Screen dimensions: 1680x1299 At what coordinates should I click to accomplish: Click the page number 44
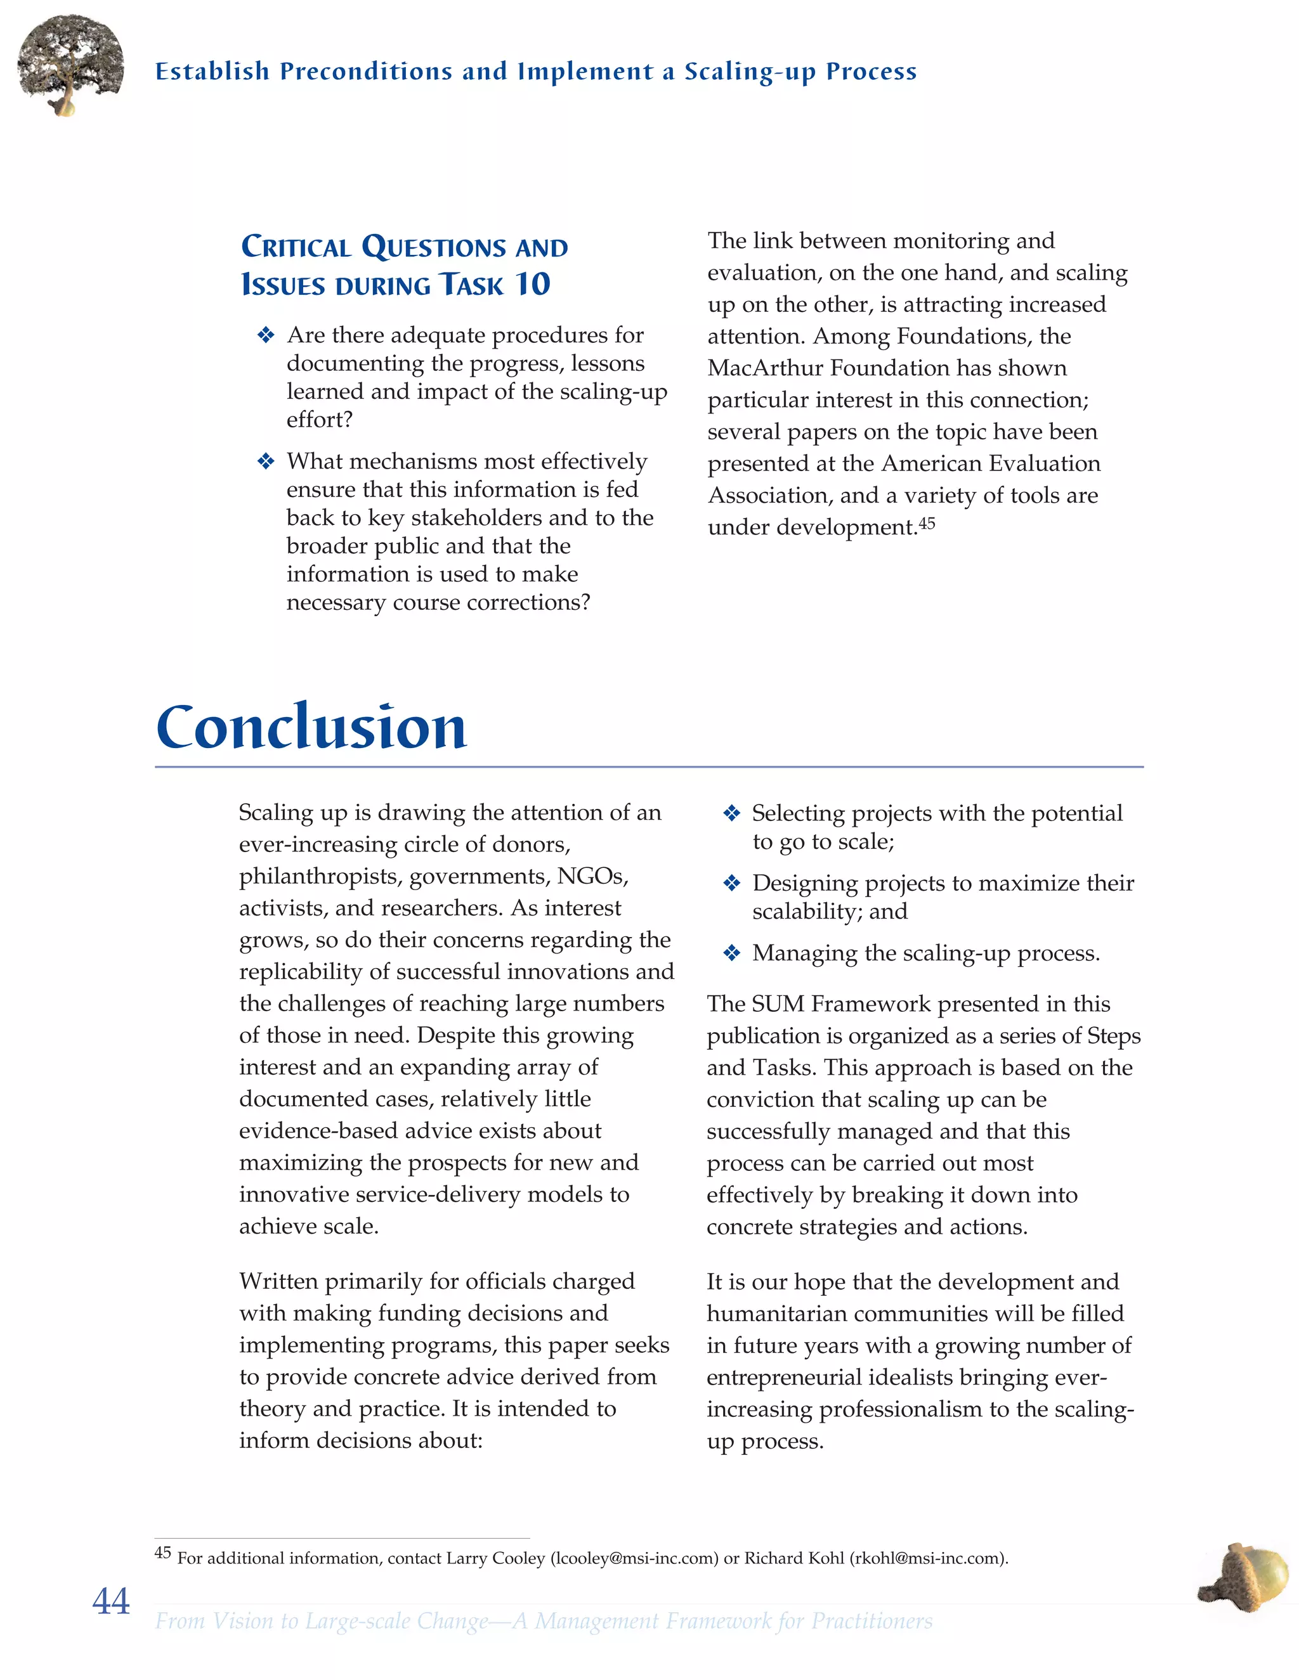click(111, 1601)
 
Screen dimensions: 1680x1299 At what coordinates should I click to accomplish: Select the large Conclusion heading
click(311, 727)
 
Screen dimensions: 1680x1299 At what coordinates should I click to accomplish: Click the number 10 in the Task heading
click(533, 285)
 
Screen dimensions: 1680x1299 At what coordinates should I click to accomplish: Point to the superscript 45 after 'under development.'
click(927, 523)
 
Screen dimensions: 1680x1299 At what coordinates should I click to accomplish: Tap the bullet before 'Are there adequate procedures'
click(266, 335)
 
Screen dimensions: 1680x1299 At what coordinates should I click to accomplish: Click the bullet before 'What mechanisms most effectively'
click(266, 462)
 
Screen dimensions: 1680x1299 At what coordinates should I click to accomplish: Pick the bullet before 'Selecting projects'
click(732, 813)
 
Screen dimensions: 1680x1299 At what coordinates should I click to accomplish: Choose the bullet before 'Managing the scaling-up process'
click(732, 954)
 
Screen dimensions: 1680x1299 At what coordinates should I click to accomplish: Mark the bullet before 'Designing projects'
click(732, 883)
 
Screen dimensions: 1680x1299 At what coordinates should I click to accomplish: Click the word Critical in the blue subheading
click(296, 248)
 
